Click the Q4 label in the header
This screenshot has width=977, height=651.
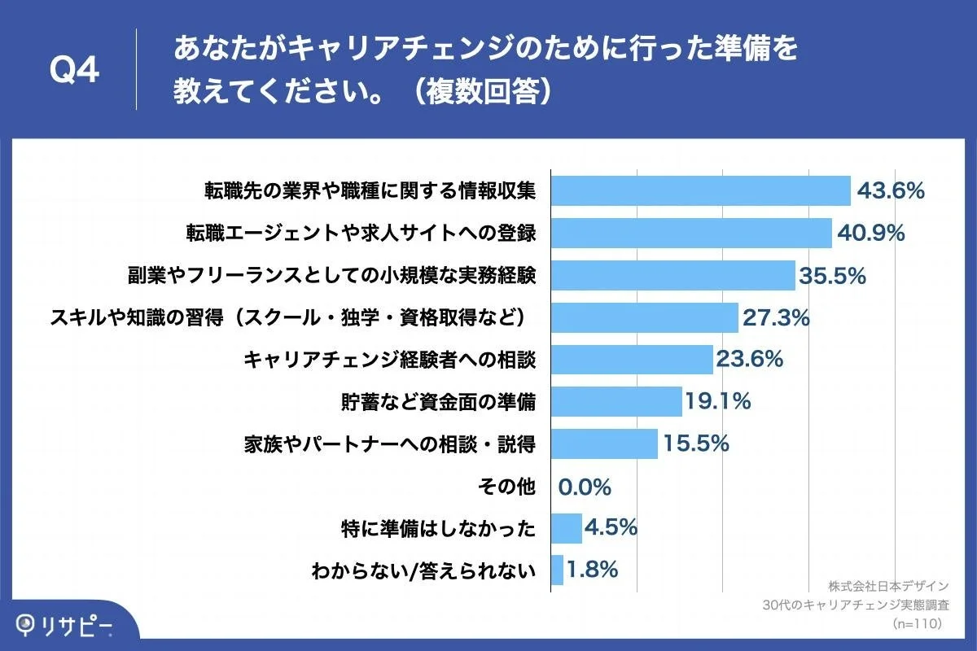click(x=74, y=71)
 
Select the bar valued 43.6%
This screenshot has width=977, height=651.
click(x=700, y=191)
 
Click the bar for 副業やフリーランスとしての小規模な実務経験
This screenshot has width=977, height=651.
click(x=673, y=276)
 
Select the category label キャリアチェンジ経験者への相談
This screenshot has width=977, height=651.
click(x=389, y=360)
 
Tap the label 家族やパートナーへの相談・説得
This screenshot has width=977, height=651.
click(x=389, y=444)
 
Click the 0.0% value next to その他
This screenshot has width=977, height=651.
click(x=585, y=487)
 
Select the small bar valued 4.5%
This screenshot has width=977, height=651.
click(x=567, y=529)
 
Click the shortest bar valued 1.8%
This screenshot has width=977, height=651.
click(x=558, y=570)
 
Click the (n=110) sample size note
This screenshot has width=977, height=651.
click(x=918, y=623)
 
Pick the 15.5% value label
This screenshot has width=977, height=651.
click(x=695, y=444)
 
